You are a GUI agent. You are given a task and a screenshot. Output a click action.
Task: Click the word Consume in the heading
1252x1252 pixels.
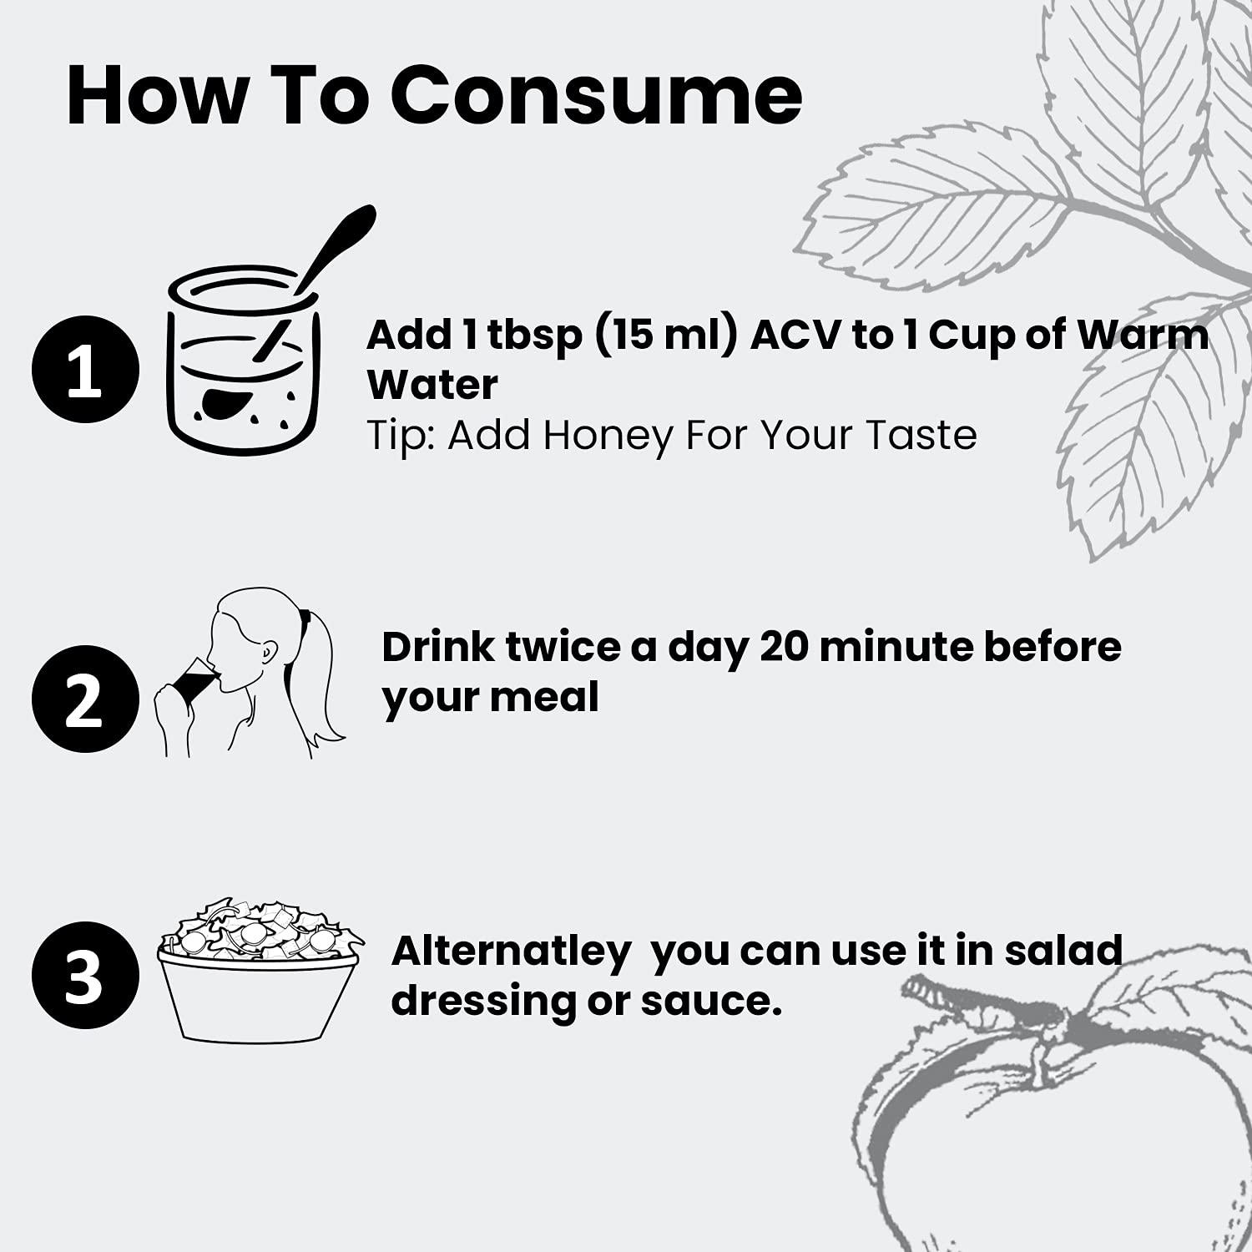coord(596,94)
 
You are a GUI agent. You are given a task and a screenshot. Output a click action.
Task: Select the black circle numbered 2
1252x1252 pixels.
coord(84,699)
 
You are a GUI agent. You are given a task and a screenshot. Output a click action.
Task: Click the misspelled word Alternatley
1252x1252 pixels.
coord(511,951)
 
